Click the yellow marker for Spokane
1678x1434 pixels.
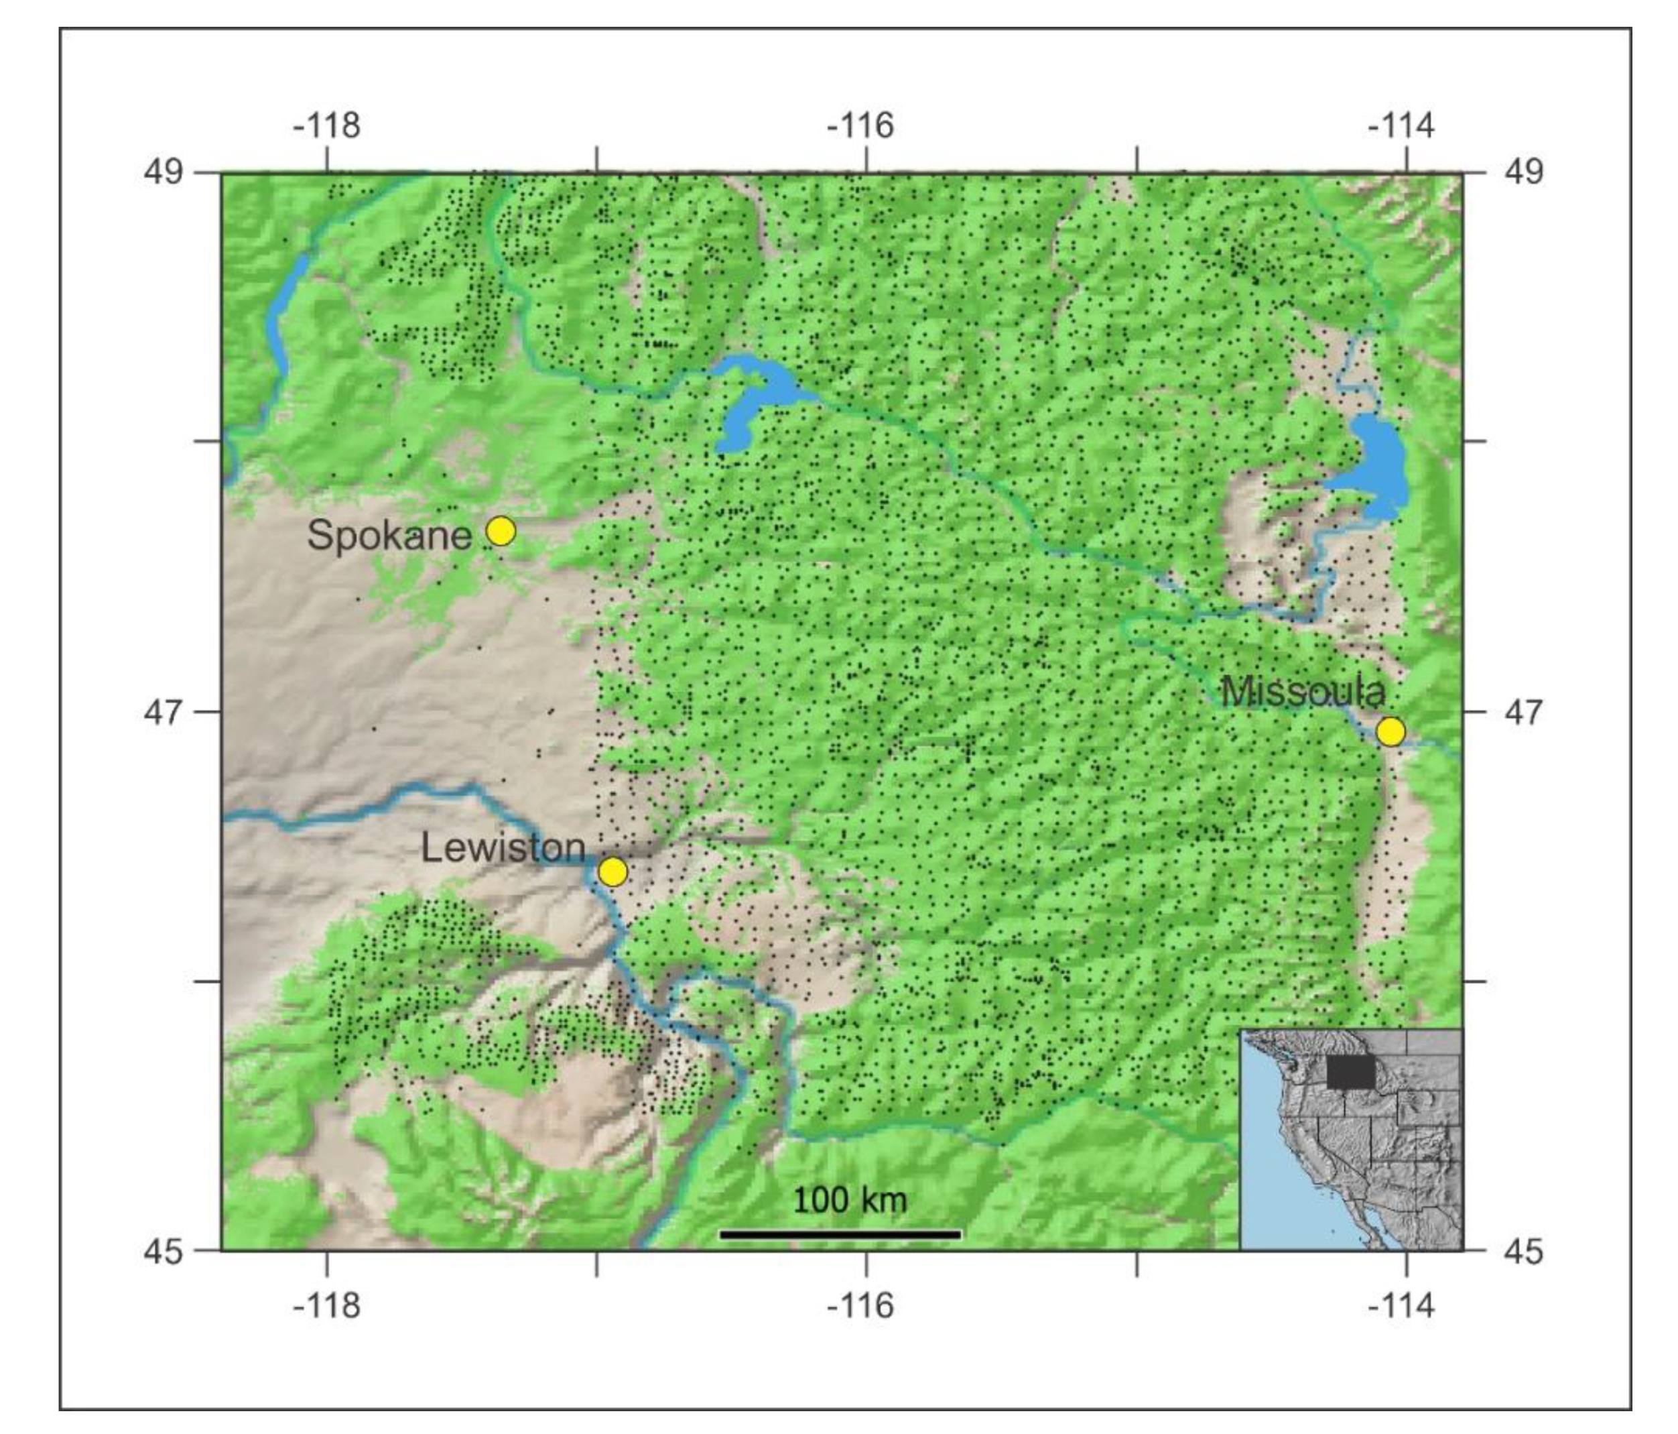[x=501, y=532]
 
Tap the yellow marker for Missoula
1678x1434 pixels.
[x=1391, y=731]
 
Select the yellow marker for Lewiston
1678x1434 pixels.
[x=612, y=872]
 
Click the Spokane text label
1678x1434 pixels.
[x=389, y=536]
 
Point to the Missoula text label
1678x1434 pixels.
[x=1302, y=692]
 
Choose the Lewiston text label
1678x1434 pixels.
[x=503, y=848]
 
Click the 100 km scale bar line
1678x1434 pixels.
[x=840, y=1235]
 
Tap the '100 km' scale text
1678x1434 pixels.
[x=850, y=1200]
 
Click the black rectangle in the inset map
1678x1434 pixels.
[x=1350, y=1073]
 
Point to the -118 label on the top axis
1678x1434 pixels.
[x=326, y=125]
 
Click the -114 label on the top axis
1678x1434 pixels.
[x=1401, y=125]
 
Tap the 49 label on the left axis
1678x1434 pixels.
[x=164, y=172]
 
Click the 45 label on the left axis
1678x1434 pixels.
[x=164, y=1252]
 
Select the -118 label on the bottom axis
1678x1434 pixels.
[x=326, y=1305]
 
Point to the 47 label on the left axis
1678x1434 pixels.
[x=164, y=712]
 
